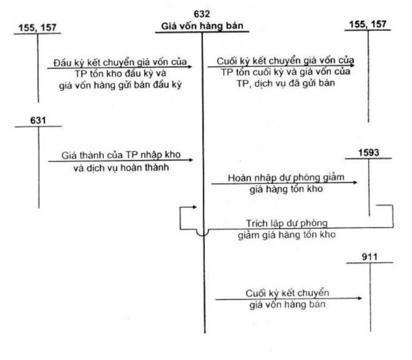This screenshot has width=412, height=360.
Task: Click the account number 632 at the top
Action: click(x=203, y=14)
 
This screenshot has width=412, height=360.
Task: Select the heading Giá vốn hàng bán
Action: click(x=203, y=27)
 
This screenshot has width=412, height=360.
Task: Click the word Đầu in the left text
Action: click(x=67, y=62)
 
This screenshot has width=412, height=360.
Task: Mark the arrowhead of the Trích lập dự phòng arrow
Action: click(x=198, y=204)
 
